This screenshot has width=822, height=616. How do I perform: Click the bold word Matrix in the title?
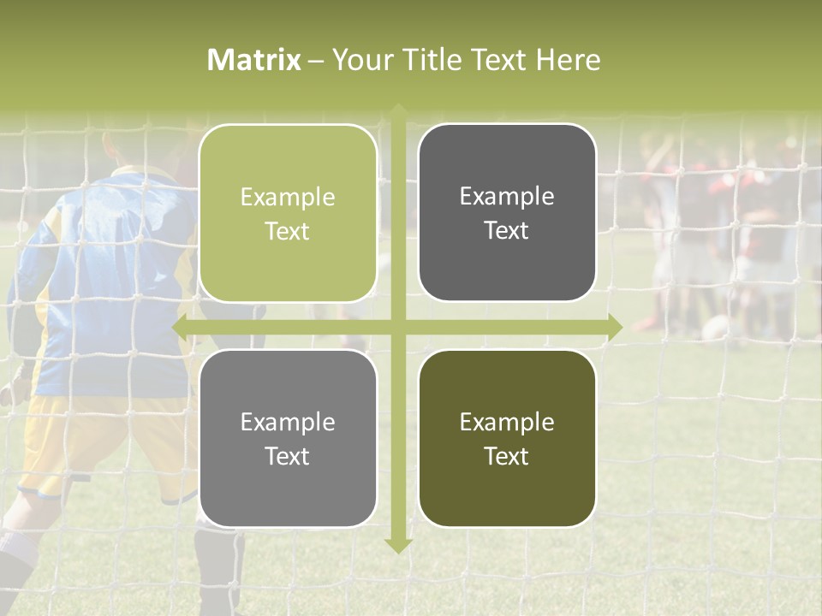tap(253, 60)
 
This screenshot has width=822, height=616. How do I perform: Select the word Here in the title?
tap(568, 60)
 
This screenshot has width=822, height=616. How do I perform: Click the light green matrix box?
tap(288, 213)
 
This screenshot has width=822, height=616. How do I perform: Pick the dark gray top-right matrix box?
tap(507, 212)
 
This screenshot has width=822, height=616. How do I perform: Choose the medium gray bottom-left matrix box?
tap(288, 438)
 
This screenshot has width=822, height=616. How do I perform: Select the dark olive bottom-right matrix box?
tap(507, 438)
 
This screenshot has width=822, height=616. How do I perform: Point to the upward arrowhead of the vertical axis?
tap(397, 110)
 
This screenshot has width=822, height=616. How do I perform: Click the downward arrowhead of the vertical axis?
tap(397, 545)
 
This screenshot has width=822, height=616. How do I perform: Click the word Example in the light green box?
tap(288, 197)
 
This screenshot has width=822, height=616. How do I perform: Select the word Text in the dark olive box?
tap(507, 456)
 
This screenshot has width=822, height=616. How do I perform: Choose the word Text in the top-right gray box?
tap(507, 230)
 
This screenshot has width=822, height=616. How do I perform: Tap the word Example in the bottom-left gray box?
tap(288, 422)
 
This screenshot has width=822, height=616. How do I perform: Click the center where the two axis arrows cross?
tap(397, 327)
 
